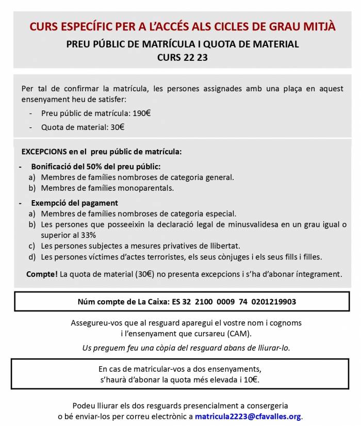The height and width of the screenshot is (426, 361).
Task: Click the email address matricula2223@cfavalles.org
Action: (248, 416)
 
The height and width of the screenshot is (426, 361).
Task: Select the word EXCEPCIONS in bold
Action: (44, 152)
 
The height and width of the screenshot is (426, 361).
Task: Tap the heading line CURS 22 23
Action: (183, 57)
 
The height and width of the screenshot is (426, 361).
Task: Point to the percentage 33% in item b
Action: (103, 235)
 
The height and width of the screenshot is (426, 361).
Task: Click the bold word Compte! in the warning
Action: (42, 274)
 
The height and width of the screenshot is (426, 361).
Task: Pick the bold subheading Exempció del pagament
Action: (74, 203)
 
